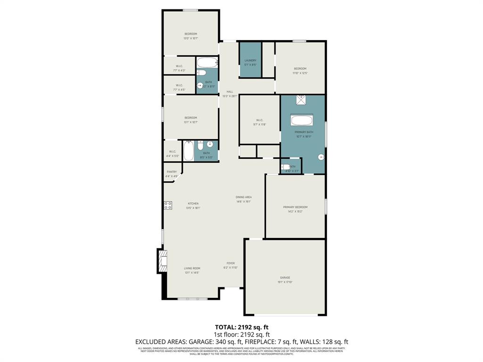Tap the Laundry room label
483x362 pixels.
pos(250,62)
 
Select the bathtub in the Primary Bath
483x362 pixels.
pos(301,120)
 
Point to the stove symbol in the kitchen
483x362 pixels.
pos(168,205)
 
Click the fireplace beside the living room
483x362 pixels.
pos(162,261)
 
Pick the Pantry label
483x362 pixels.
pos(172,174)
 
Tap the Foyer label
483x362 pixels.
pos(231,265)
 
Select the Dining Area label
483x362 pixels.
pos(244,199)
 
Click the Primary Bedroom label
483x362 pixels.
pos(295,209)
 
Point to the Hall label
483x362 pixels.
pos(230,94)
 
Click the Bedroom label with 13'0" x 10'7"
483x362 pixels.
pos(191,36)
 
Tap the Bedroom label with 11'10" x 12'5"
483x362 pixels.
pos(300,71)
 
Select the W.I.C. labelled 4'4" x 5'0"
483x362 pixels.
pos(172,153)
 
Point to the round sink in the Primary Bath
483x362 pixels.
pos(321,157)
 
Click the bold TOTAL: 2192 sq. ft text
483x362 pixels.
pos(241,327)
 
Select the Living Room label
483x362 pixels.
pos(192,270)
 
